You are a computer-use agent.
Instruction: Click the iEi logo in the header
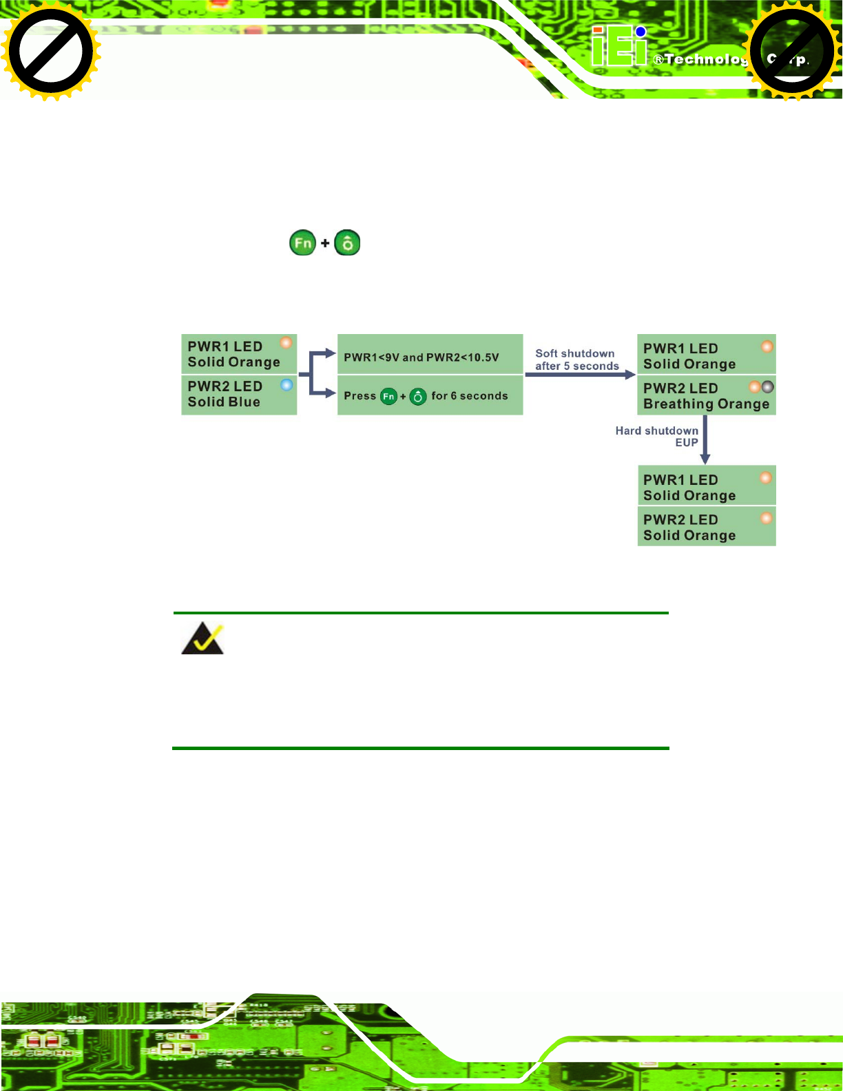click(619, 48)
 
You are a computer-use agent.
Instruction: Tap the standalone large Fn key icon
click(302, 243)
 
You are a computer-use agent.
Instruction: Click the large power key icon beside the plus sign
click(347, 243)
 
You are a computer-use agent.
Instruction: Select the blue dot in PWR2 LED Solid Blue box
click(287, 385)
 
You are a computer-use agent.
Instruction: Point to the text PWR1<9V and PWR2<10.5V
click(421, 357)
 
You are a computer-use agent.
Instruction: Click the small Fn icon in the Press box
click(388, 397)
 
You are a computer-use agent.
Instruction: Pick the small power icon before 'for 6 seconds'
click(417, 397)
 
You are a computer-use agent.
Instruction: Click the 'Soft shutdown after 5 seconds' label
click(576, 360)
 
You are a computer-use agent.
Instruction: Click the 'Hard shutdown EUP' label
click(657, 436)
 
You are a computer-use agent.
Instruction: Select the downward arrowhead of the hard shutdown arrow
click(705, 459)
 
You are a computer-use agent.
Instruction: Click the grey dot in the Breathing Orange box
click(767, 387)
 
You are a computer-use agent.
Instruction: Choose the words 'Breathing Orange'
click(706, 404)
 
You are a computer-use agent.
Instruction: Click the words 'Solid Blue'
click(224, 402)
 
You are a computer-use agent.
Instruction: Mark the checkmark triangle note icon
click(202, 638)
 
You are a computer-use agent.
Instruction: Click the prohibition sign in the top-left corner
click(51, 51)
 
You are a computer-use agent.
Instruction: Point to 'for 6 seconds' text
click(469, 396)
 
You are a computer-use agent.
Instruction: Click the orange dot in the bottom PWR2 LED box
click(766, 517)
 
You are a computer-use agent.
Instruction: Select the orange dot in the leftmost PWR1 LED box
click(285, 343)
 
